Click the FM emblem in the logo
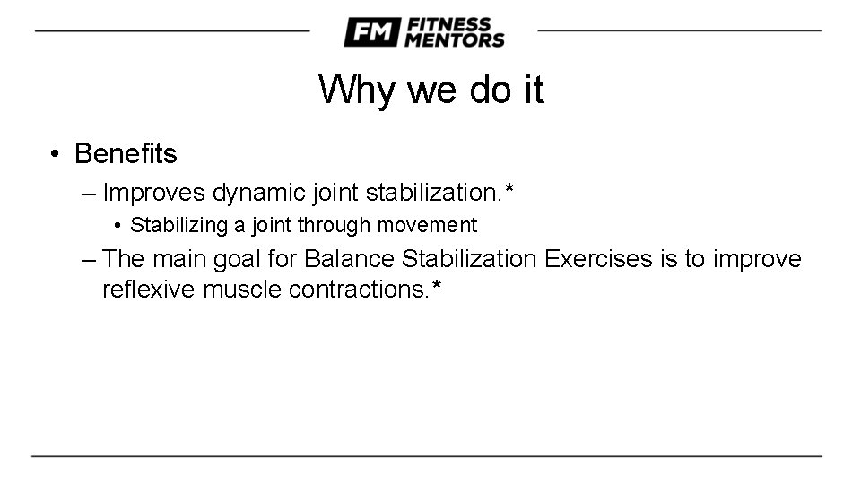point(370,32)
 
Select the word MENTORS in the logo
point(455,40)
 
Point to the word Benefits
point(126,154)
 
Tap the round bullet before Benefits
point(56,154)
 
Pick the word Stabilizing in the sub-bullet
point(178,225)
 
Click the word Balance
point(350,259)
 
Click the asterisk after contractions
point(437,287)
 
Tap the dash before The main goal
point(88,259)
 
